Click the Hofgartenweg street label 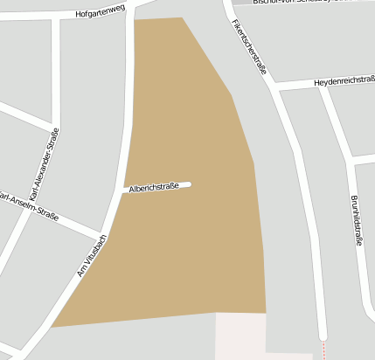[101, 13]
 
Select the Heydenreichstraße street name [344, 80]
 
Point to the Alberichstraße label [154, 187]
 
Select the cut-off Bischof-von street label [297, 2]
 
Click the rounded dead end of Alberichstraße [187, 184]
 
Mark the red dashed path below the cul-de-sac [323, 350]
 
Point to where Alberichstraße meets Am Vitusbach [123, 190]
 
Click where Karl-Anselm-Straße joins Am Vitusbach [104, 235]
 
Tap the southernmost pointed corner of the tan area [52, 327]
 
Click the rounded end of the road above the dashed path [323, 334]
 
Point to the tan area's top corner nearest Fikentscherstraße [182, 17]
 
